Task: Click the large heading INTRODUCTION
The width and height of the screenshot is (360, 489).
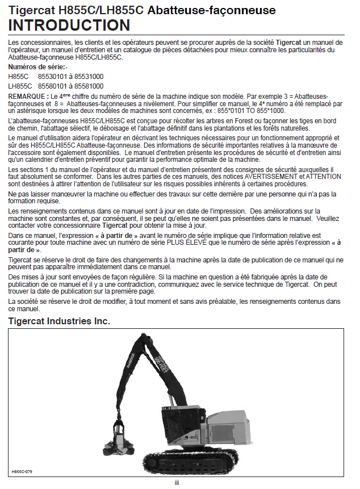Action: point(69,25)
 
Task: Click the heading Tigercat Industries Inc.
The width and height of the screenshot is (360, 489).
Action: point(59,321)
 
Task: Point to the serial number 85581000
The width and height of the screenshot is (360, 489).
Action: point(88,86)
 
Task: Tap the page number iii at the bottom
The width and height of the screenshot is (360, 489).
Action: point(177,482)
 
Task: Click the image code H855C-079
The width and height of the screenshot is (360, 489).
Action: point(22,471)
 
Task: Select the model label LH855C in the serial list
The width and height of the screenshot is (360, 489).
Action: point(20,86)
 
